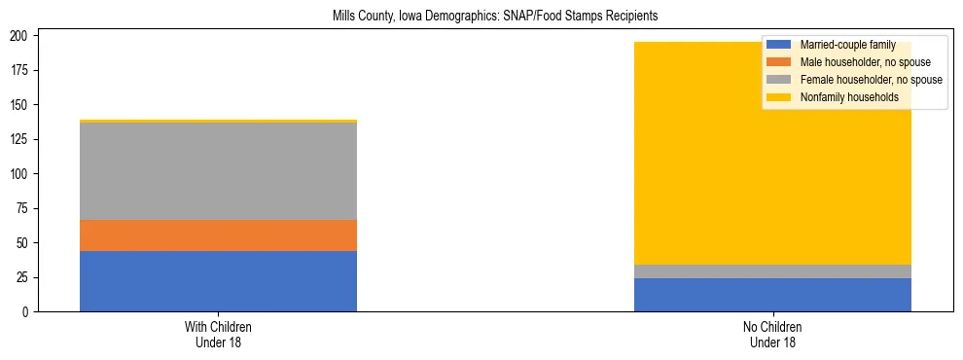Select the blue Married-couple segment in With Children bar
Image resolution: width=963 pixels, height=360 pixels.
(218, 281)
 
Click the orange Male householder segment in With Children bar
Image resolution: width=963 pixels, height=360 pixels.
(218, 235)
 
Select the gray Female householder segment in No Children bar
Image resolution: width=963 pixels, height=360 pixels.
(772, 271)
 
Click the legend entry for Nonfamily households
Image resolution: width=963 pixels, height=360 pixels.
(842, 97)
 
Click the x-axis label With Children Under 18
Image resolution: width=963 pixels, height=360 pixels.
(218, 335)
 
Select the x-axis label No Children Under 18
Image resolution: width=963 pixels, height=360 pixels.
(772, 335)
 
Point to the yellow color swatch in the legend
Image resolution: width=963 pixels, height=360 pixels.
(780, 97)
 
